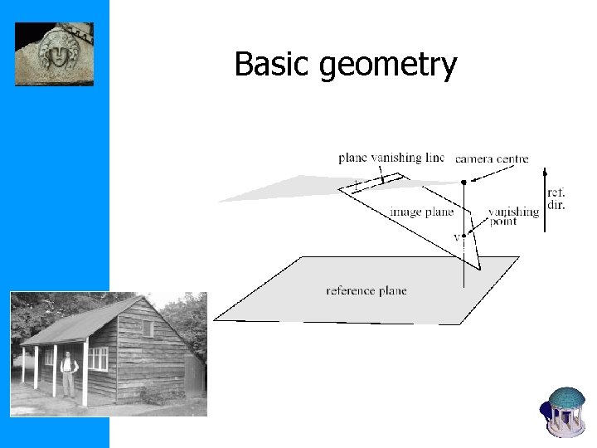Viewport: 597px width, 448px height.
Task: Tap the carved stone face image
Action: point(55,54)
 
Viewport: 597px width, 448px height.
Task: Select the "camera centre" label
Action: point(492,158)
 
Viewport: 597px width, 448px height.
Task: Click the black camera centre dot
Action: point(464,182)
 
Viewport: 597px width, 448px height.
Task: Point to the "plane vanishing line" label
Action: point(391,158)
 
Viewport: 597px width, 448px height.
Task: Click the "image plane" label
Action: point(422,212)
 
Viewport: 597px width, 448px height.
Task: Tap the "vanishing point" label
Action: point(513,216)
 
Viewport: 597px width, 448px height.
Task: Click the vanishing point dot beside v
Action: point(464,236)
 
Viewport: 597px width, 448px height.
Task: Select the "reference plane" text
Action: point(366,290)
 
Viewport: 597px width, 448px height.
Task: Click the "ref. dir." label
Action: point(556,199)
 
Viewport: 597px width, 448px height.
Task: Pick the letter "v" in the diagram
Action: point(456,237)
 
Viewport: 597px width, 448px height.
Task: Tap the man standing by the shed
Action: point(69,373)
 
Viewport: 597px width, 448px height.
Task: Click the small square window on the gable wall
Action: point(148,329)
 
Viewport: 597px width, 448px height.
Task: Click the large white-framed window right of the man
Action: point(98,358)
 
